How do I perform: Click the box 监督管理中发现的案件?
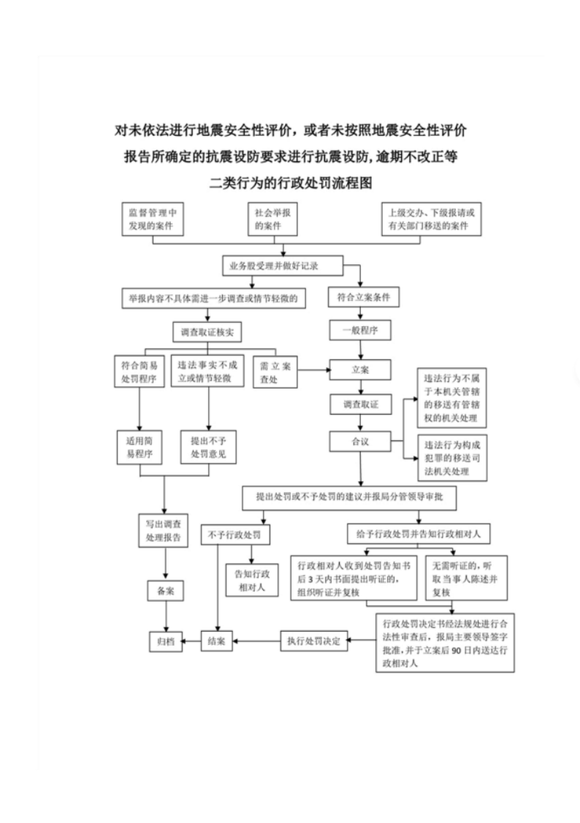(x=152, y=219)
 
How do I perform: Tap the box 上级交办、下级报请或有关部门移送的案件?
(x=433, y=219)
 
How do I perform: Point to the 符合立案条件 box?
(x=363, y=298)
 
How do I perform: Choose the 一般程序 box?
(x=360, y=330)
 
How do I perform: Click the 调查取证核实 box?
(x=207, y=332)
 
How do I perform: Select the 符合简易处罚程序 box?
(x=140, y=370)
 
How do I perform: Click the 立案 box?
(x=360, y=370)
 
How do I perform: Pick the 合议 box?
(x=360, y=442)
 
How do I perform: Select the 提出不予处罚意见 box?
(x=207, y=447)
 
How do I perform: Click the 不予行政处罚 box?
(x=234, y=535)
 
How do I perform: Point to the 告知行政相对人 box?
(x=252, y=578)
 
